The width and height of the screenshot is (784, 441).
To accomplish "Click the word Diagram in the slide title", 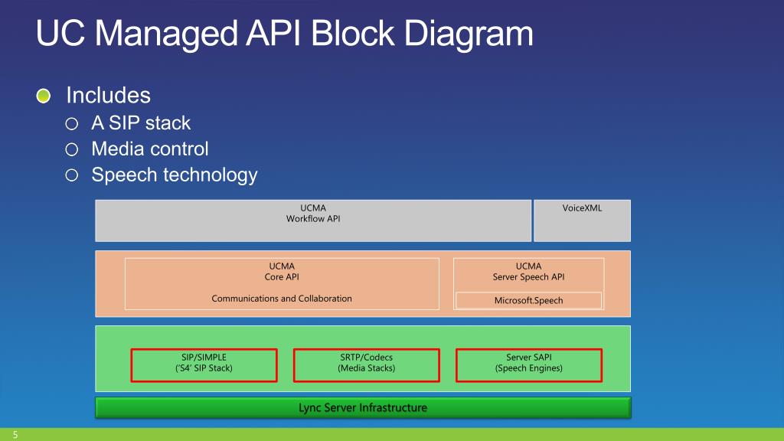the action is point(469,34).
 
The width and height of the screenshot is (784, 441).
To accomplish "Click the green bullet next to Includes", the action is point(44,96).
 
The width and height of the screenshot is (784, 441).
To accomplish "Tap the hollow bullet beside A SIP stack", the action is point(71,123).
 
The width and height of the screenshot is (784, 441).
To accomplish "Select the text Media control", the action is point(149,149).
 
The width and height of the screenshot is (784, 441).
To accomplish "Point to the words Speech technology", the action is point(174,175).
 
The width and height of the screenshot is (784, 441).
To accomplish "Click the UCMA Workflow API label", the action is point(313,213).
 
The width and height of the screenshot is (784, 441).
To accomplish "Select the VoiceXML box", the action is point(582,220).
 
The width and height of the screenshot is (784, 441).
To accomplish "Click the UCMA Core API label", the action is point(282,272).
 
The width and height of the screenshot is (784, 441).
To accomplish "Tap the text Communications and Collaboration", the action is point(282,299).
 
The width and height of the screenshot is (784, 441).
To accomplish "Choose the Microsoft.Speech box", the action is point(528,300).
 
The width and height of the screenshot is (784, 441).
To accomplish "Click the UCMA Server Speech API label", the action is point(528,272).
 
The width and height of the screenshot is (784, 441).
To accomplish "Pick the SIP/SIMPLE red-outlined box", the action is point(204,365).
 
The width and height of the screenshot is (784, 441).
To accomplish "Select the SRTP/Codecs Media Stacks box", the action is point(367,365).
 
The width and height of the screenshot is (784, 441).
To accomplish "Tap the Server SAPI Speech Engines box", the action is point(529,365).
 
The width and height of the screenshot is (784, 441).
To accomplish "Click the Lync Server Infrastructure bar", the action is point(363,407).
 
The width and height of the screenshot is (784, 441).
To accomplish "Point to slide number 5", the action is point(15,435).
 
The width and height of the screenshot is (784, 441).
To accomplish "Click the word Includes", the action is point(109,96).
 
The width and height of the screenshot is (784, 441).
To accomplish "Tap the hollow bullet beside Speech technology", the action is point(71,175).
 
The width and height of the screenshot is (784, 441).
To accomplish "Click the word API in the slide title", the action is point(273,34).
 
